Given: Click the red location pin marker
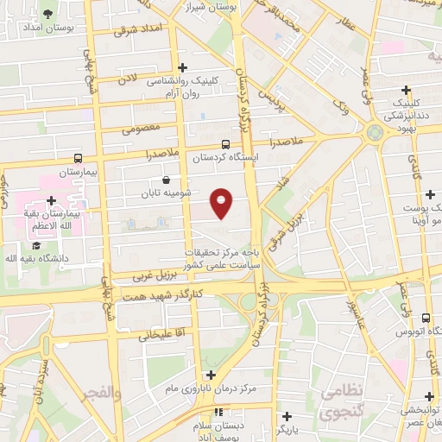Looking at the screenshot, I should pyautogui.click(x=222, y=203).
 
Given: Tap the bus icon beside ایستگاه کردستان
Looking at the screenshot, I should pyautogui.click(x=225, y=145).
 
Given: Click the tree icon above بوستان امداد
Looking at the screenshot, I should pyautogui.click(x=47, y=14).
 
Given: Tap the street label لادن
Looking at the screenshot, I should pyautogui.click(x=129, y=78).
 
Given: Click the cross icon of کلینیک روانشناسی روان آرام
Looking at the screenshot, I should pyautogui.click(x=181, y=67).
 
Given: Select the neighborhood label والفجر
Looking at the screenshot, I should pyautogui.click(x=99, y=393).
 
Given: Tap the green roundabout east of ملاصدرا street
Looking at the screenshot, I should pyautogui.click(x=375, y=133).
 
